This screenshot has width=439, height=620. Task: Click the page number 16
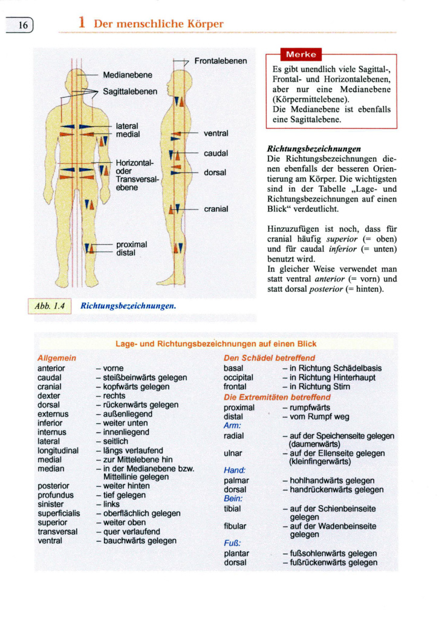23,25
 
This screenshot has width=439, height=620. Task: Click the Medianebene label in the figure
127,75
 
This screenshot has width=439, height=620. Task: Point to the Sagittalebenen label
130,92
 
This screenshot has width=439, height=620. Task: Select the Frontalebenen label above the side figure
220,61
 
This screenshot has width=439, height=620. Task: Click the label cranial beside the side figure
216,209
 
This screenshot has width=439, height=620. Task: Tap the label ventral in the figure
216,133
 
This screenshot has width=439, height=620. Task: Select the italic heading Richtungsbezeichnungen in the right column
314,148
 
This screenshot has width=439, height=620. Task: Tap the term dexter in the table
49,395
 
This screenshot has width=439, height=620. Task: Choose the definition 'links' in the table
111,504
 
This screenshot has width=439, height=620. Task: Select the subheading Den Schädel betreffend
269,358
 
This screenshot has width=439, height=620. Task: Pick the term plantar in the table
236,553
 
